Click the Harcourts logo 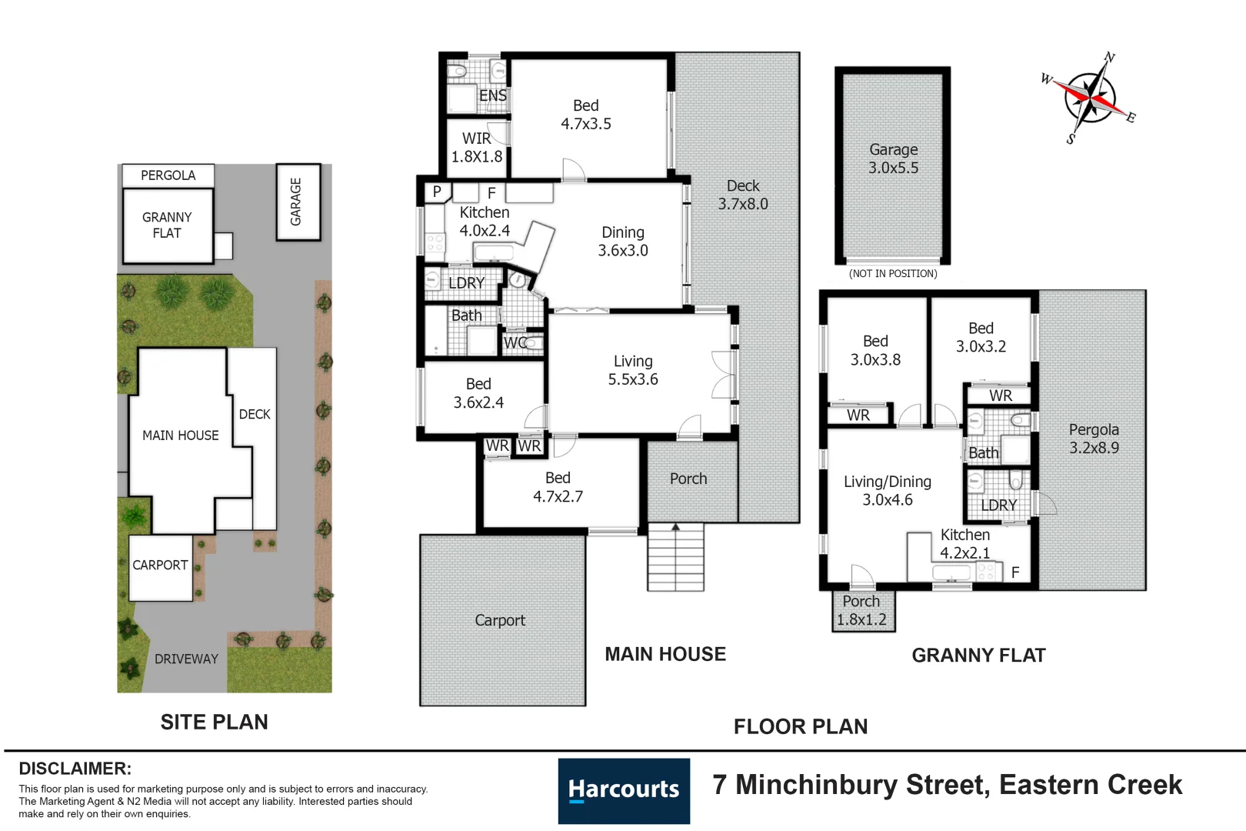(x=624, y=790)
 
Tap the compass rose (x=1089, y=98)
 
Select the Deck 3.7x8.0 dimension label (x=742, y=195)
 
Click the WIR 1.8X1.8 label (x=477, y=148)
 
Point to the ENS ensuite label (x=493, y=95)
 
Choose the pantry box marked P (x=437, y=192)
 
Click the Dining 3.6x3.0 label (x=623, y=241)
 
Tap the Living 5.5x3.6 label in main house (x=633, y=370)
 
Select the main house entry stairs (x=675, y=556)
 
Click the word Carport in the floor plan (x=500, y=620)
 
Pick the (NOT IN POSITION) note (x=893, y=273)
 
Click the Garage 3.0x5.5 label (x=893, y=159)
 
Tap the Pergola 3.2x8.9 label (x=1094, y=439)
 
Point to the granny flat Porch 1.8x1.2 (x=863, y=611)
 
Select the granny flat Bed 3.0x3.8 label (x=875, y=350)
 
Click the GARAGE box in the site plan (x=298, y=202)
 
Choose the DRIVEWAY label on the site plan (x=186, y=659)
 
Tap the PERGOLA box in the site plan (x=168, y=175)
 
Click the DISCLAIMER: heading (x=75, y=769)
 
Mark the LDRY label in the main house (x=467, y=282)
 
